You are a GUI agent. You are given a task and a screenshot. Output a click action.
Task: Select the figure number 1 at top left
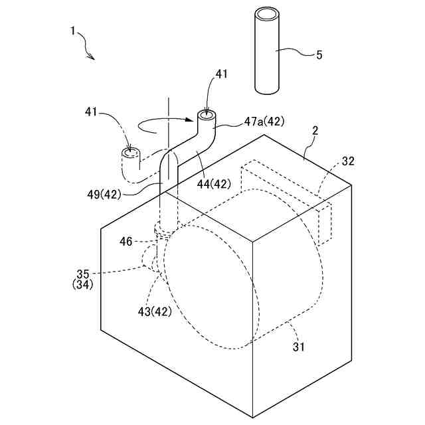72,31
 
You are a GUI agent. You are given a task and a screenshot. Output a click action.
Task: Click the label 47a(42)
266,122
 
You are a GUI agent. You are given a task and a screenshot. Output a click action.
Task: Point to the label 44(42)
214,184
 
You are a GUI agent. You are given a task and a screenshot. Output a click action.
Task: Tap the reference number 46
127,242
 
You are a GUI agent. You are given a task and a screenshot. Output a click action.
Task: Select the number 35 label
83,273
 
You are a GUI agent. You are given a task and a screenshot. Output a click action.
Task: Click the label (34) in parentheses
83,284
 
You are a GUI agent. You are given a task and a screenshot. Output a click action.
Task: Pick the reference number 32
349,161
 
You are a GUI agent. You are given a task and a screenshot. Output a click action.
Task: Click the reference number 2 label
315,131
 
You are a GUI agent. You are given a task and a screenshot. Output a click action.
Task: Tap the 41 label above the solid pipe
221,74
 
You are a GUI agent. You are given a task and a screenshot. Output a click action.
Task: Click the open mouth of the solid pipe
207,116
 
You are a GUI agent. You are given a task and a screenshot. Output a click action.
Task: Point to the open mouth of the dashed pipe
130,153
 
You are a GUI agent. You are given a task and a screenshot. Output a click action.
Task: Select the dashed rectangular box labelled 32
286,199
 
